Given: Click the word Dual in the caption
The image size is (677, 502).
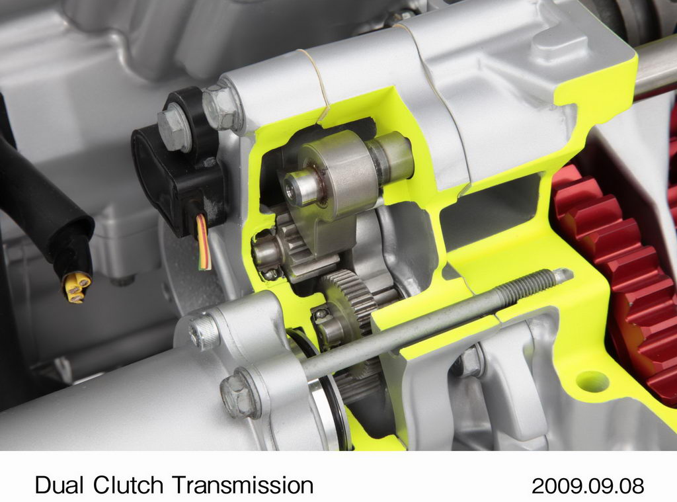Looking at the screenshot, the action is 59,485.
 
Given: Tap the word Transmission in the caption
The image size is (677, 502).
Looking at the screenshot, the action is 243,485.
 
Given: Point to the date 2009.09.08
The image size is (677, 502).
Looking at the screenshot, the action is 588,485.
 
